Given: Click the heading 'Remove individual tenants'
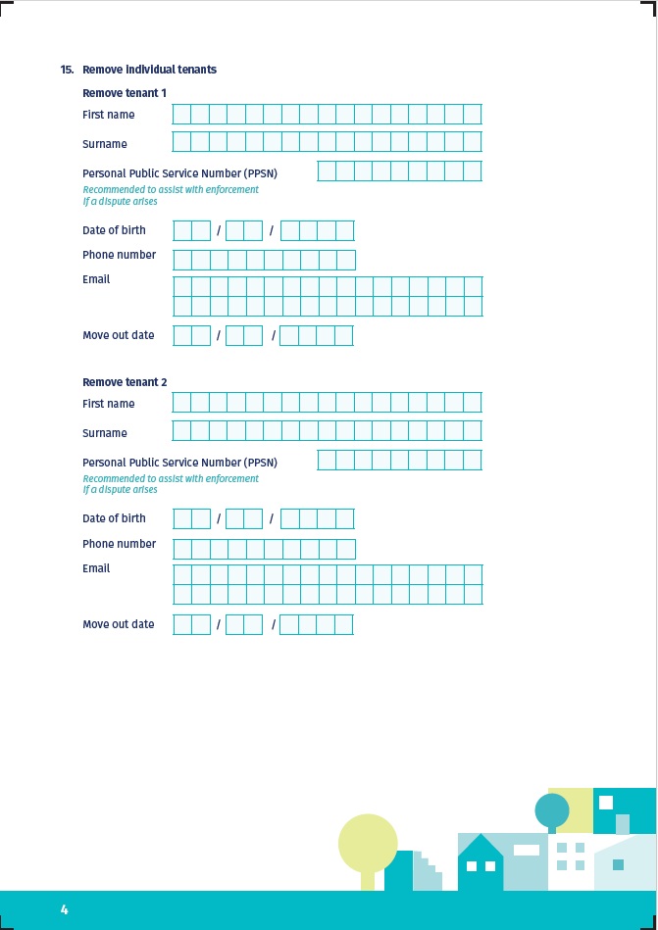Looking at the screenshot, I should (x=149, y=70).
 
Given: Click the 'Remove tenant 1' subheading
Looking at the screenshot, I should (x=125, y=93).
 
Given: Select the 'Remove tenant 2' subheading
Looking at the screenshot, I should (x=125, y=382).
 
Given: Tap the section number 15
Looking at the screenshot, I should (x=67, y=70).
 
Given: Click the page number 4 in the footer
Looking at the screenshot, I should (x=65, y=909).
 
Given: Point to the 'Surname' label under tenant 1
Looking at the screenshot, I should (x=105, y=144).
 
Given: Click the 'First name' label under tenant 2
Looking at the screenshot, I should (x=109, y=404).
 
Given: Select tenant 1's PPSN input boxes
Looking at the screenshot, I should (x=399, y=171).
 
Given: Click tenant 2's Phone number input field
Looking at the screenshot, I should (x=264, y=549).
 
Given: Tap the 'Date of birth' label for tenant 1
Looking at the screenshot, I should (x=114, y=230).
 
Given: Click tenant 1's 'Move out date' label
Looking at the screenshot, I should (x=119, y=335).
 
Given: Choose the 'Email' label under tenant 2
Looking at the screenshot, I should (x=96, y=568).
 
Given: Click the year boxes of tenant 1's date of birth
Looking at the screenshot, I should (x=317, y=231).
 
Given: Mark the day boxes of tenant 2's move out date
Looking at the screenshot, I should (x=192, y=625).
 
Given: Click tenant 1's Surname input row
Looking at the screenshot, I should (x=327, y=142).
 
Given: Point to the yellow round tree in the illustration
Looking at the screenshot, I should (x=368, y=843).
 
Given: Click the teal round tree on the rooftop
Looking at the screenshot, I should (x=552, y=810).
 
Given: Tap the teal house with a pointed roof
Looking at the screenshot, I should (x=481, y=862).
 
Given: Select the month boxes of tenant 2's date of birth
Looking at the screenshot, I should (x=244, y=519).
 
